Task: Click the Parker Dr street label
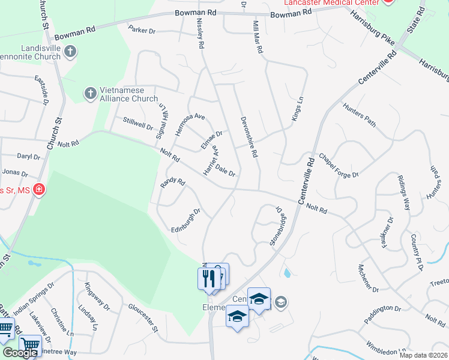click(x=142, y=28)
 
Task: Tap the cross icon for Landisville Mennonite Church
click(x=70, y=52)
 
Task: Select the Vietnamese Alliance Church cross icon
click(x=90, y=93)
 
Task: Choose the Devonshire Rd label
click(x=248, y=137)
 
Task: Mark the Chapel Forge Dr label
click(x=338, y=166)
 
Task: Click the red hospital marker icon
click(x=39, y=190)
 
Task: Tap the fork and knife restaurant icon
click(x=207, y=278)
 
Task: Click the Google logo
click(x=20, y=353)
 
